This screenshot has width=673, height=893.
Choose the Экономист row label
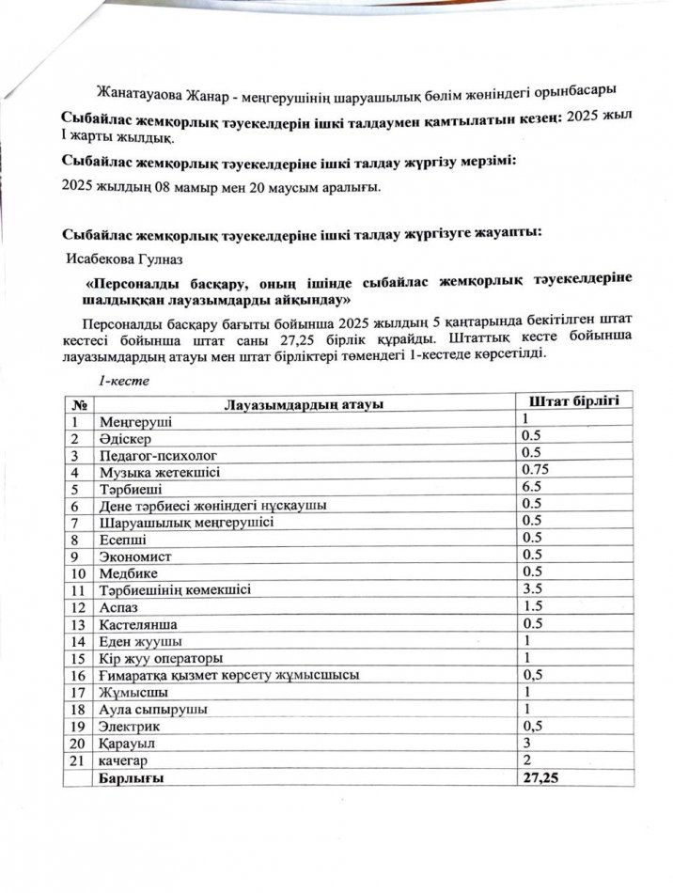pos(131,556)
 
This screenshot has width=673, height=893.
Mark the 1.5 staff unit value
pos(533,606)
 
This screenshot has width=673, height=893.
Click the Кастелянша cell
pos(137,624)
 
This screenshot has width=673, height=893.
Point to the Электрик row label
pos(129,727)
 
